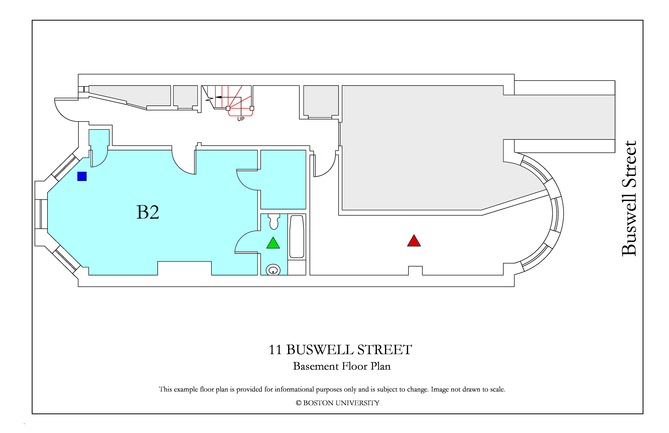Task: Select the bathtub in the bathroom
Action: [297, 236]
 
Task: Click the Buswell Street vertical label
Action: [629, 199]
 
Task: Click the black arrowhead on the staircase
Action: [218, 97]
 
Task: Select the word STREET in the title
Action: [384, 350]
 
